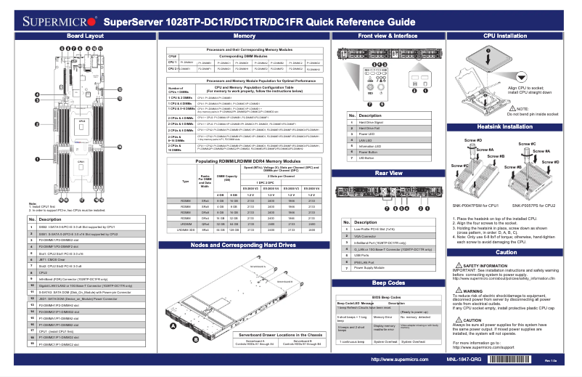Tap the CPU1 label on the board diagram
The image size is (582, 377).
pos(81,161)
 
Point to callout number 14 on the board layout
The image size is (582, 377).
pos(120,147)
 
